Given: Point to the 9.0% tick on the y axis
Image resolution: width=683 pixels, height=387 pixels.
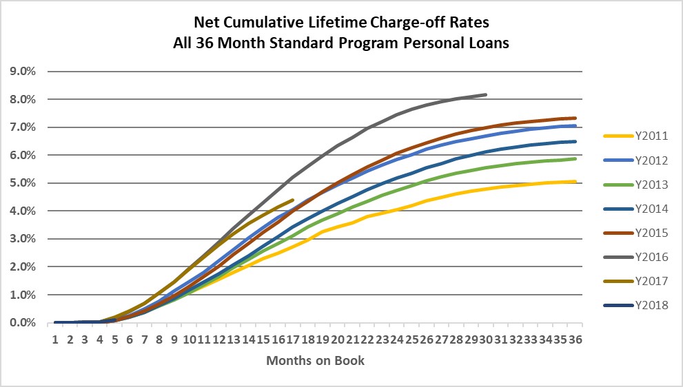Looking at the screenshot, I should click(23, 71).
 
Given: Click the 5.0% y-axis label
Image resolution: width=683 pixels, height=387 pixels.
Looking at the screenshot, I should click(23, 183).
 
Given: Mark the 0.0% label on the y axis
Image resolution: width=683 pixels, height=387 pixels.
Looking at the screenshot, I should click(23, 322).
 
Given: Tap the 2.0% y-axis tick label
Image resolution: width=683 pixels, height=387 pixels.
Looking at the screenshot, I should click(23, 266).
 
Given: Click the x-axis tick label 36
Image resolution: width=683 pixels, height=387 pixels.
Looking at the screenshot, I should click(575, 339).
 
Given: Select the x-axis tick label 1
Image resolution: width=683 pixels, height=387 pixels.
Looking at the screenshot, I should click(55, 339).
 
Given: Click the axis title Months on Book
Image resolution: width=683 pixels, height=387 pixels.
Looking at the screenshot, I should click(316, 361).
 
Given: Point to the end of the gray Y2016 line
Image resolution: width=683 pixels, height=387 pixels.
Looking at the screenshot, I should click(486, 94).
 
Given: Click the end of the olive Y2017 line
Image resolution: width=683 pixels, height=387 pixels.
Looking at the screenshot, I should click(293, 200).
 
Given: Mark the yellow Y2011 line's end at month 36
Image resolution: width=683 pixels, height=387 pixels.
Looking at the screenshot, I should click(575, 182).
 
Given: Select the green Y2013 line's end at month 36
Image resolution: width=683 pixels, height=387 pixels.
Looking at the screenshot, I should click(575, 158).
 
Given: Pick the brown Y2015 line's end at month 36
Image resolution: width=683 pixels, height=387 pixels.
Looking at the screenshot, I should click(575, 118).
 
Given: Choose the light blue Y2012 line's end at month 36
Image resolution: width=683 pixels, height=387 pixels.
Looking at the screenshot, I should click(575, 126).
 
